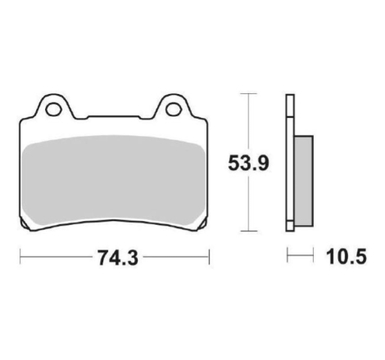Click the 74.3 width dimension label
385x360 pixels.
118,257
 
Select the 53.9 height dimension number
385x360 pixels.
248,163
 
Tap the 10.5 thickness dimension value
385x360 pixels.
346,257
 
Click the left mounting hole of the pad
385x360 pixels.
53,110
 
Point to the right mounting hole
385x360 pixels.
174,110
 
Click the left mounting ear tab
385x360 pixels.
54,106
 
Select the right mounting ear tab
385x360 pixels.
173,106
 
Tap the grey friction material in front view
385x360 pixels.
113,180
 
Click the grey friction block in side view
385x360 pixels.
304,181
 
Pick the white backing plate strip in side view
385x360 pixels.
290,163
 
